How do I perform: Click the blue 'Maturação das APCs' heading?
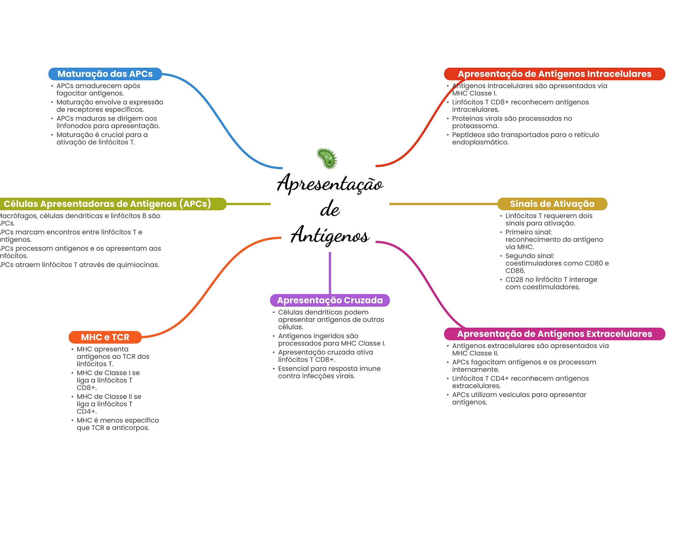(x=105, y=74)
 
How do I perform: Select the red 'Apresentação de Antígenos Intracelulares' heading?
(x=554, y=74)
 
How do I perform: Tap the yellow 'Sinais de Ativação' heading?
(x=552, y=204)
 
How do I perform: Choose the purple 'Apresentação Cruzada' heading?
(x=329, y=300)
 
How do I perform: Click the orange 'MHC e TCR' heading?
(x=105, y=337)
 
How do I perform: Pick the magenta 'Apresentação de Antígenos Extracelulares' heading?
(x=554, y=334)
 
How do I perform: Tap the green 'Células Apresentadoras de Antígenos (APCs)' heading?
(x=107, y=204)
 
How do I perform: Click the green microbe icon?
(x=327, y=158)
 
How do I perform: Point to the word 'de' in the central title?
(x=329, y=209)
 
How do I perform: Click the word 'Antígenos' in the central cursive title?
(x=329, y=235)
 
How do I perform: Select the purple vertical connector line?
(x=330, y=272)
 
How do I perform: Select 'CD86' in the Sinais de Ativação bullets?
(x=515, y=271)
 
